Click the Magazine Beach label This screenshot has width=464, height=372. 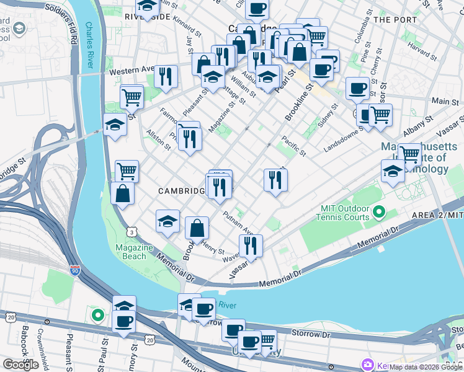(x=133, y=252)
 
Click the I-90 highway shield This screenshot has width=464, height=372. (x=75, y=270)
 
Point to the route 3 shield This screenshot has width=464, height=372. (x=132, y=231)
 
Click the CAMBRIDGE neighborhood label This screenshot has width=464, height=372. (x=181, y=191)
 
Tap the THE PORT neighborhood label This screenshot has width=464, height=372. (x=395, y=20)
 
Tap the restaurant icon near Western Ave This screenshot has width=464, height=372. (x=166, y=76)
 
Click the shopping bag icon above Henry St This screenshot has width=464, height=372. (x=197, y=228)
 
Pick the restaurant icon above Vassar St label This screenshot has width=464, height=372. (x=251, y=245)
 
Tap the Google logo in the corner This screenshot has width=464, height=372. (x=20, y=365)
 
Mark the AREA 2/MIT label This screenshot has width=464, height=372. (x=437, y=215)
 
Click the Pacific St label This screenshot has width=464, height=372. (x=293, y=145)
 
